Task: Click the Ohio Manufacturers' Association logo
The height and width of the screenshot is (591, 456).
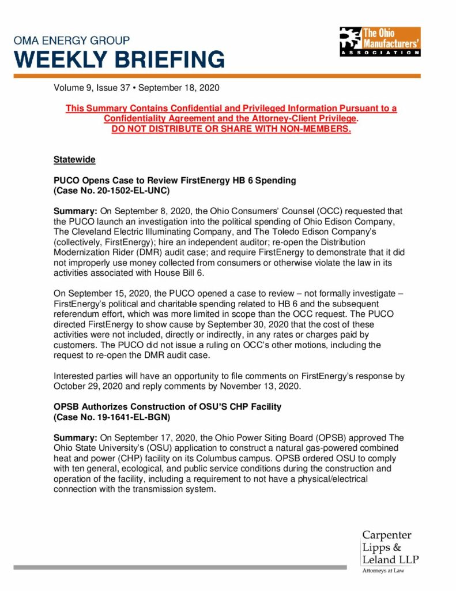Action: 379,41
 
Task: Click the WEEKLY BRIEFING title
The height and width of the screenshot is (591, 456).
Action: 119,59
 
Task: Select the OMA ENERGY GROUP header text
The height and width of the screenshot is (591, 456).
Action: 71,41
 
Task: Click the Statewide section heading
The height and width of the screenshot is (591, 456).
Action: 74,159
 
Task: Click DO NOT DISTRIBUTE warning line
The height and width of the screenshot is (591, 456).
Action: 231,129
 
